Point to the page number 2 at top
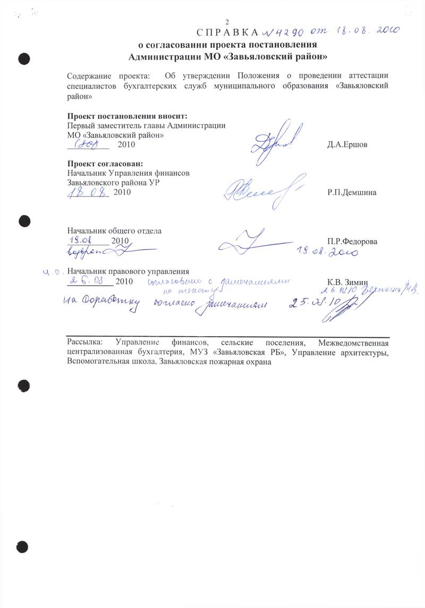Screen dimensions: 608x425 [227, 22]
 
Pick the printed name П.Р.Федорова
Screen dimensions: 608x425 [353, 241]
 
